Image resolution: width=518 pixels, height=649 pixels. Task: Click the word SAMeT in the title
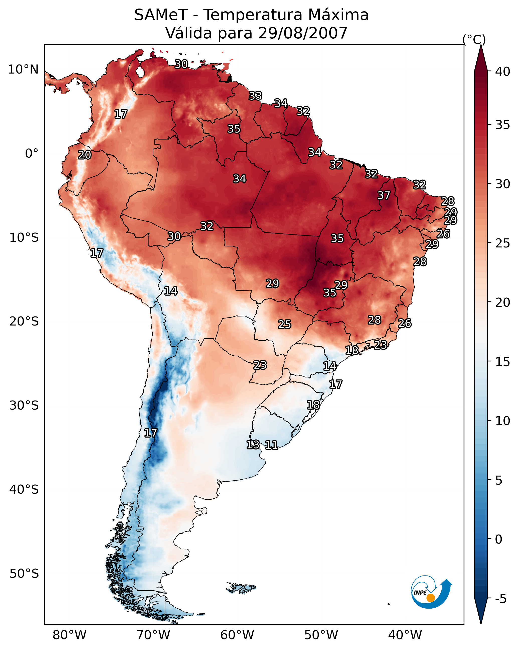click(x=161, y=15)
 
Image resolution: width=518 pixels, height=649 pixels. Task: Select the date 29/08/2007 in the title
click(x=302, y=33)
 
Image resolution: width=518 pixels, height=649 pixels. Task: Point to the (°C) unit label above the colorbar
click(x=474, y=39)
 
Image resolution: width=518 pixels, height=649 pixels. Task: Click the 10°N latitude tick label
click(x=23, y=70)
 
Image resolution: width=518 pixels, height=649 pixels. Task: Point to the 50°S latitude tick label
click(x=24, y=573)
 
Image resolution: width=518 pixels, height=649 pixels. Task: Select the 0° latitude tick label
click(x=32, y=154)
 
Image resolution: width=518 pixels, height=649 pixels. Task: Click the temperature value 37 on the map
click(x=384, y=195)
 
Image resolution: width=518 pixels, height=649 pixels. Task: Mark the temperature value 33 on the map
click(x=255, y=96)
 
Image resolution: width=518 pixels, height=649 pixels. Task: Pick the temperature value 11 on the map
click(x=271, y=445)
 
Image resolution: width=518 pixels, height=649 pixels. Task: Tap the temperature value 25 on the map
click(x=284, y=324)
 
